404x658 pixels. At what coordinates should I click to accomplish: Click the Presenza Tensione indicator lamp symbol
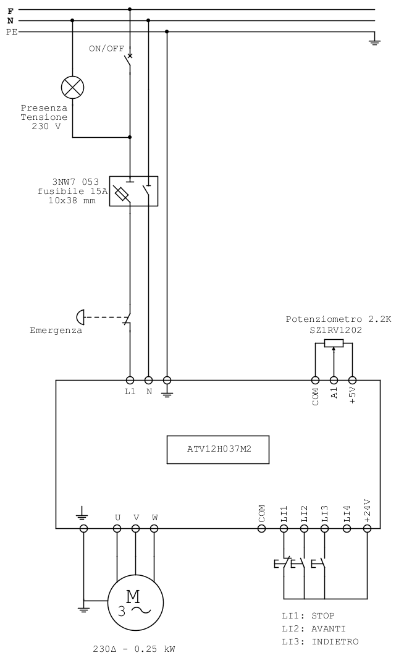click(x=72, y=87)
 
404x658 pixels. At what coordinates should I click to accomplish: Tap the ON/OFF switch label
click(x=106, y=49)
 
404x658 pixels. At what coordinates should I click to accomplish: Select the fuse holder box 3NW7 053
click(x=133, y=191)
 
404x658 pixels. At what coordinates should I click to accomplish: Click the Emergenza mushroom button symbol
click(x=80, y=317)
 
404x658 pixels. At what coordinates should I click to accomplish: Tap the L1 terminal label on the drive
click(x=130, y=392)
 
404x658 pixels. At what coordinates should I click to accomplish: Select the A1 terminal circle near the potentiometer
click(x=334, y=380)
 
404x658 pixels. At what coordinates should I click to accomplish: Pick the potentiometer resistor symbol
click(x=334, y=344)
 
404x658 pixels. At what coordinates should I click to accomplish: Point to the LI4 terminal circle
click(x=347, y=528)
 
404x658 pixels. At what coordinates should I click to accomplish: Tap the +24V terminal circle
click(x=367, y=528)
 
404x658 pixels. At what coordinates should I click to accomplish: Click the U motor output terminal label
click(x=117, y=517)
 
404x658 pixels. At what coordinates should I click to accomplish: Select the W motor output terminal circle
click(x=154, y=528)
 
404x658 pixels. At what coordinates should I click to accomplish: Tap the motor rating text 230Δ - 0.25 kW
click(x=134, y=649)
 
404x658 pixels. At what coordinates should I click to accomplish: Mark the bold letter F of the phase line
click(x=11, y=11)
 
